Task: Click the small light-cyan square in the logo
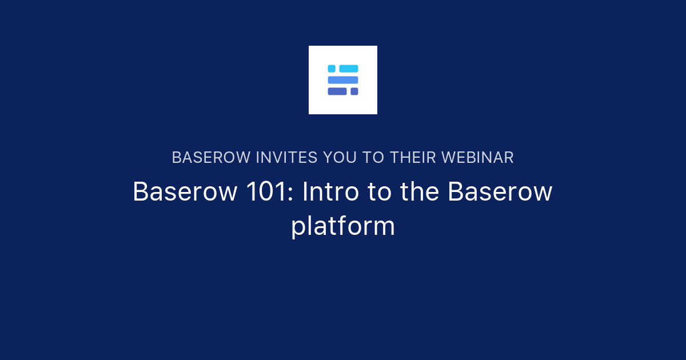pos(332,69)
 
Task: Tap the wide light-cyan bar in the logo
pos(349,69)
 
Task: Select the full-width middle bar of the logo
pos(343,80)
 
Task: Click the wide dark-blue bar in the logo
pos(337,91)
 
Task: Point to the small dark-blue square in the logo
pos(354,91)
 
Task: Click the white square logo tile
pos(343,80)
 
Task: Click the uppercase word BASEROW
pos(212,158)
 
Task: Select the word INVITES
pos(286,158)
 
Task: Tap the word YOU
pos(340,158)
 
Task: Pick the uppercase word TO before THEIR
pos(373,158)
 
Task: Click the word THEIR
pos(413,158)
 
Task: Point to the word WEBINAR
pos(478,158)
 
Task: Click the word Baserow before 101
pos(185,191)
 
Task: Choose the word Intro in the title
pos(330,191)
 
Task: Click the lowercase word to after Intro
pos(380,191)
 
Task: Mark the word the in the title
pos(420,191)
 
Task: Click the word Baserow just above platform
pos(500,191)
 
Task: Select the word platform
pos(343,226)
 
